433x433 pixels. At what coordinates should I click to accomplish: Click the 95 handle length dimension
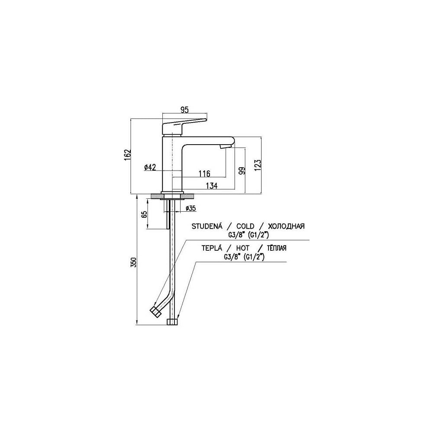coord(184,110)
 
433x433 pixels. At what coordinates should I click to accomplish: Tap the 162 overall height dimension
coord(127,156)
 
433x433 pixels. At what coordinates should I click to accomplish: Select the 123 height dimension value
coord(257,165)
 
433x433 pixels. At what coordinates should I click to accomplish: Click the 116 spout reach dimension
coord(204,174)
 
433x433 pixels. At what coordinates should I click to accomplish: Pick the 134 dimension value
coord(212,186)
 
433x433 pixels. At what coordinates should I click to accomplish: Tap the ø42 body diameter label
coord(150,167)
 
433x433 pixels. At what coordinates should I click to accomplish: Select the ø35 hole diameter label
coord(191,208)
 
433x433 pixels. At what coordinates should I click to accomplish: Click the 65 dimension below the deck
coord(144,215)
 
